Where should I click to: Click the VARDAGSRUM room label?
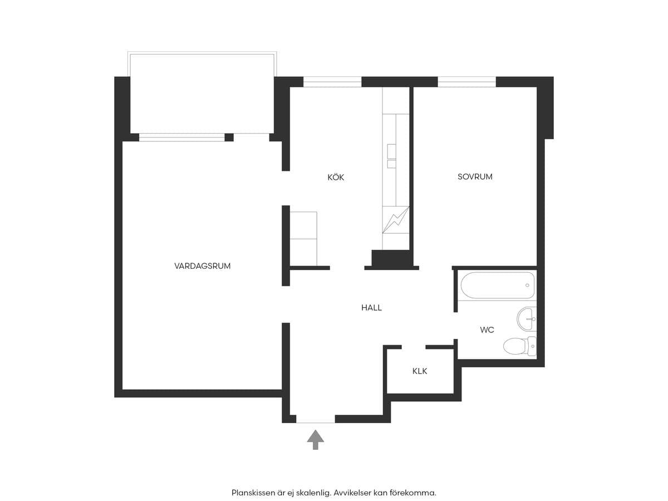point(202,266)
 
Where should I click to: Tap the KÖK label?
point(336,177)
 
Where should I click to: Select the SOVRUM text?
point(475,176)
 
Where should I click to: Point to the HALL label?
point(371,307)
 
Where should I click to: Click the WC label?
point(487,330)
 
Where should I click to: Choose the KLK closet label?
point(420,371)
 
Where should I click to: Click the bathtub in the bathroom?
point(497,285)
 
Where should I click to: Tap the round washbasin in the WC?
point(526,319)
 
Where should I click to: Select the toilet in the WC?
point(519,346)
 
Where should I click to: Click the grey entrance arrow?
point(315,440)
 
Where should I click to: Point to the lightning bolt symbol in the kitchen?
point(396,220)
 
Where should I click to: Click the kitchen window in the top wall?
point(332,82)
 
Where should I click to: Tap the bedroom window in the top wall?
point(467,82)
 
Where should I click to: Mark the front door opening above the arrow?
point(316,419)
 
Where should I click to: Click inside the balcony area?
point(202,94)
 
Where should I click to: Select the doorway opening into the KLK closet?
point(414,347)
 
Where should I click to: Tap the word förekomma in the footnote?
point(412,493)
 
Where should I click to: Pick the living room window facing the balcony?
point(181,137)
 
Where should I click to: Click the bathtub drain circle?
point(527,285)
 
